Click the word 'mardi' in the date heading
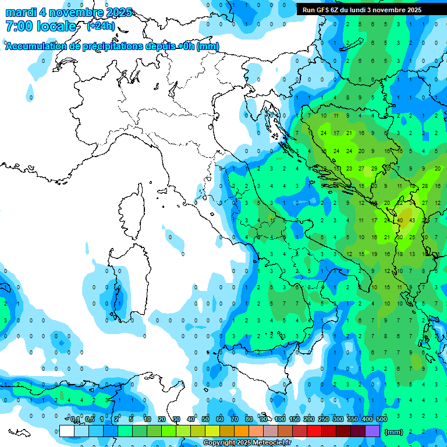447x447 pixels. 20,12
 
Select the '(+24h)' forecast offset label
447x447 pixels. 101,26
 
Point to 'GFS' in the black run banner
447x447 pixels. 324,10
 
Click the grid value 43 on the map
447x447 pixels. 412,221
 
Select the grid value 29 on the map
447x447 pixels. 374,168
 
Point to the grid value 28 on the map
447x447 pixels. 425,186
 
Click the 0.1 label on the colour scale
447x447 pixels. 75,420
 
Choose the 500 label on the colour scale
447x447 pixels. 381,420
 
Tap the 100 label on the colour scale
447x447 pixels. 280,420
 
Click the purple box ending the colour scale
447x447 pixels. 372,431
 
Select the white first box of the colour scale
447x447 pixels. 67,431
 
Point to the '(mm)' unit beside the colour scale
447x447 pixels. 394,432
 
